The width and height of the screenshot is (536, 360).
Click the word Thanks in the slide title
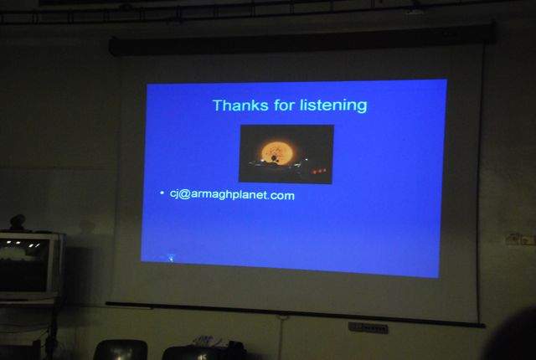(240, 105)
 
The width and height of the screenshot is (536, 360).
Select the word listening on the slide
(333, 105)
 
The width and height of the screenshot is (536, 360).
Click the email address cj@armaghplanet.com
(232, 195)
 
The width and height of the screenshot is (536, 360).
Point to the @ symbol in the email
(184, 194)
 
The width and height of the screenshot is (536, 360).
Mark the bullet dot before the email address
(162, 193)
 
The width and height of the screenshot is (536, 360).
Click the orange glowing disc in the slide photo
(277, 152)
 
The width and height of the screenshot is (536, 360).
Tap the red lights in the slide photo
(318, 171)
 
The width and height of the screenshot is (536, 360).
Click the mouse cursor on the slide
(171, 258)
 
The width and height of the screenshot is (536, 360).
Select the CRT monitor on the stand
(30, 265)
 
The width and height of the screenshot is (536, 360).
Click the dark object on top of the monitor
(17, 223)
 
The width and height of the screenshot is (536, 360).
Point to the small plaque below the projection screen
(368, 328)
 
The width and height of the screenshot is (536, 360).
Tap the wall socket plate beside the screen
(520, 239)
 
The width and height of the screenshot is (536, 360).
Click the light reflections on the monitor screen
(23, 244)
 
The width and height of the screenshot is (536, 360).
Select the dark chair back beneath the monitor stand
(121, 350)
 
